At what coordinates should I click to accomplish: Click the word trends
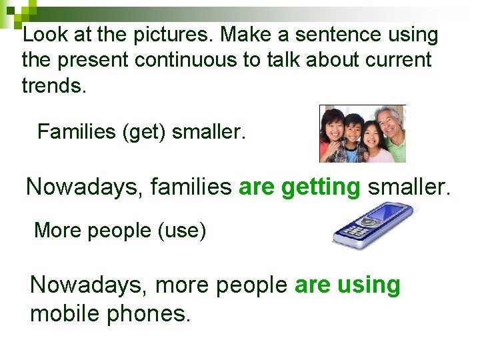click(54, 85)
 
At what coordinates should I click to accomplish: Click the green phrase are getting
click(299, 187)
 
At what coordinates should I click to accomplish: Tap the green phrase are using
click(347, 285)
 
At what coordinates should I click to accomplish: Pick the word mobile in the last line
click(68, 312)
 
